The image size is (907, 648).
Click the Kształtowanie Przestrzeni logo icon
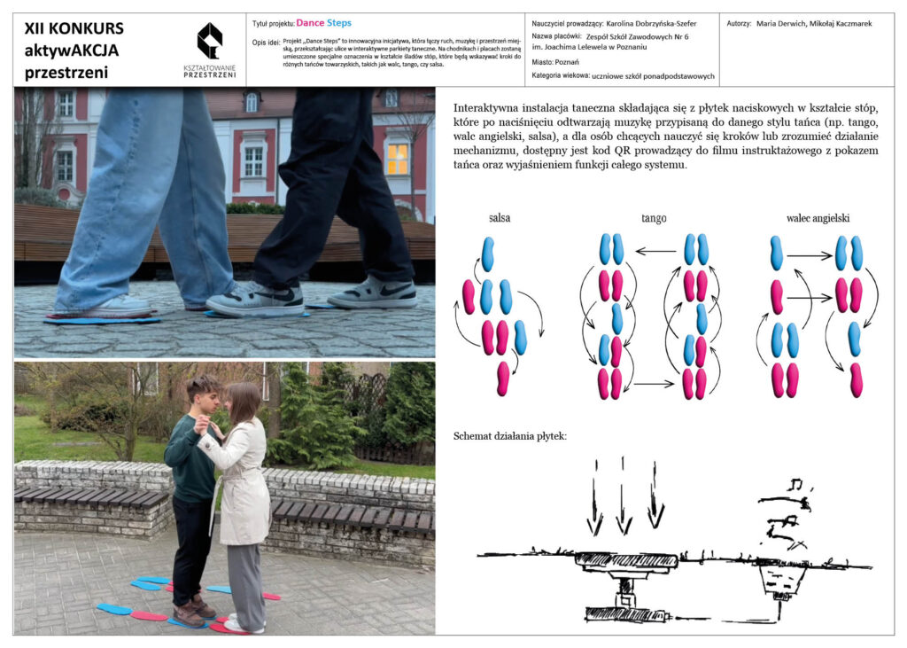tap(209, 41)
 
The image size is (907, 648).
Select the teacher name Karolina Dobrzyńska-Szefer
tap(651, 24)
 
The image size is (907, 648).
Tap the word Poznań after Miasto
tap(567, 62)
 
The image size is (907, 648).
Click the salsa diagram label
tap(500, 218)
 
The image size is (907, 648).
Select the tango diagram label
tap(654, 218)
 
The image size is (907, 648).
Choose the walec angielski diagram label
tap(818, 218)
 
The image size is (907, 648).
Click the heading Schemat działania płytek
tap(510, 436)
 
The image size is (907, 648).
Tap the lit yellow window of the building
tap(398, 159)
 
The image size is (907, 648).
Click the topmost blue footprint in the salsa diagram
tap(488, 254)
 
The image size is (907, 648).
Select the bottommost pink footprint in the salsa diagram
tap(503, 379)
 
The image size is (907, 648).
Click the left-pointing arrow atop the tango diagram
tap(655, 252)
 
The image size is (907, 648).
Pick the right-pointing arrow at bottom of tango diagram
tap(654, 383)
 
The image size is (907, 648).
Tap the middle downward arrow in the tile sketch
tap(623, 496)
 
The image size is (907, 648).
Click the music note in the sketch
tap(798, 483)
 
